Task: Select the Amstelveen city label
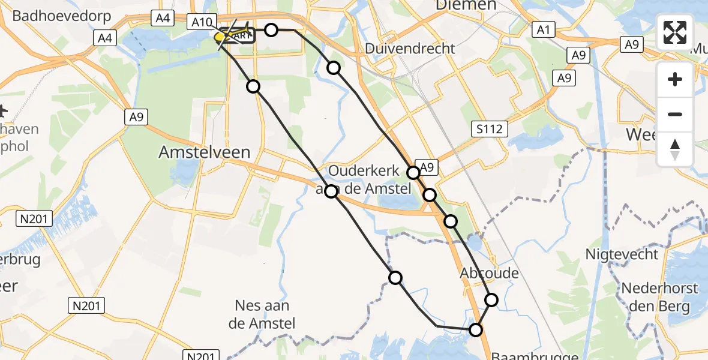204,152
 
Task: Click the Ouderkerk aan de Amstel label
370,179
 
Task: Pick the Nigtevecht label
622,254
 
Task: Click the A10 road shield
202,23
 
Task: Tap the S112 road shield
489,128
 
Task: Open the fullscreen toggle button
675,32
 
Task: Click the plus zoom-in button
675,79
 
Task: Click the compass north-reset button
675,149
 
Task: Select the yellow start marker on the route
220,37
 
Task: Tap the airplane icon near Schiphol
3,111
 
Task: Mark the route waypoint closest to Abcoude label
491,299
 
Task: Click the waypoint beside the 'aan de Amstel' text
331,192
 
